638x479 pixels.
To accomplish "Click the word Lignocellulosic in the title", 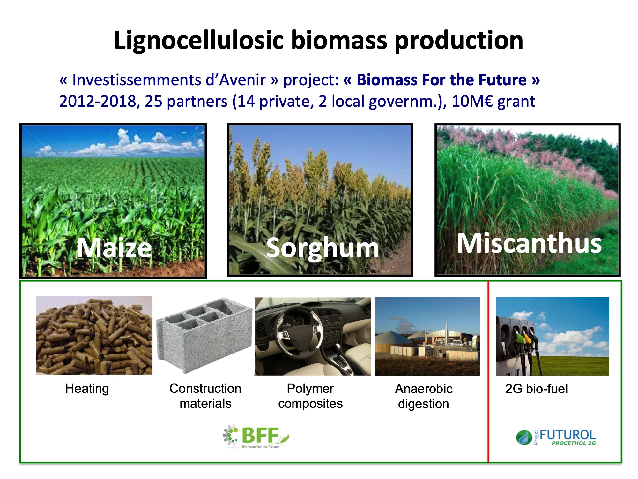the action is (x=199, y=41).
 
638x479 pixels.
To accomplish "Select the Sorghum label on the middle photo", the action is (x=323, y=248).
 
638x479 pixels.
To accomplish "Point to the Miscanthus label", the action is (x=529, y=243).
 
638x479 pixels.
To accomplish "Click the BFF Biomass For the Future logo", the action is (x=256, y=436).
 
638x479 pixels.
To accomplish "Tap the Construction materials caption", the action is (x=205, y=396).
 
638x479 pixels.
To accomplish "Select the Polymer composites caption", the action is (x=310, y=396).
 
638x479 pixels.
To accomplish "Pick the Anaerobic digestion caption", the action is (x=424, y=396).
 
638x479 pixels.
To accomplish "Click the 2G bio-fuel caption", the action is (x=537, y=389).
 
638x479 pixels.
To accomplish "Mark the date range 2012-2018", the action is (x=98, y=101).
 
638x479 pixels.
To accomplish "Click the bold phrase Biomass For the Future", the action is (x=441, y=80).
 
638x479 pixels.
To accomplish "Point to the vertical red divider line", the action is (x=488, y=371).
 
